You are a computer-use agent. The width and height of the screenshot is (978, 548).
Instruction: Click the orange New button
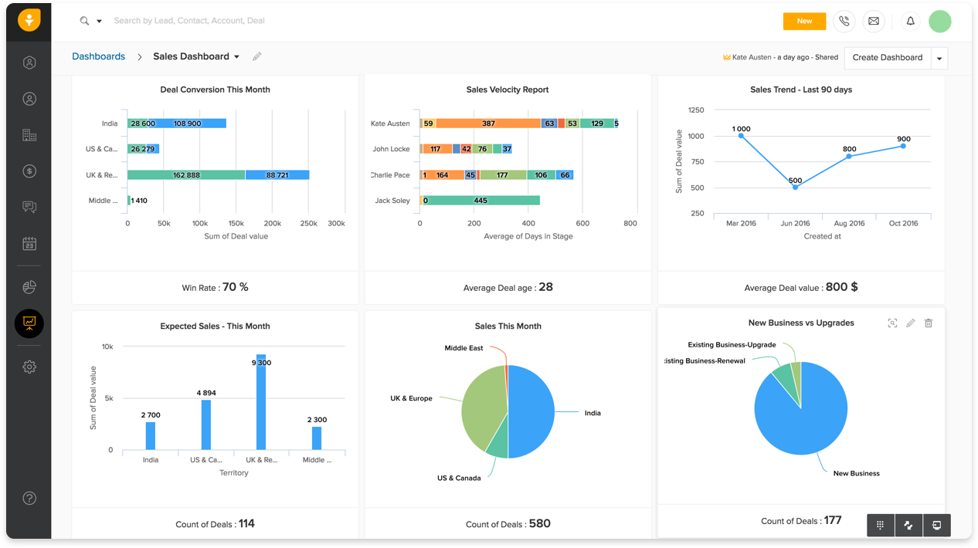click(804, 22)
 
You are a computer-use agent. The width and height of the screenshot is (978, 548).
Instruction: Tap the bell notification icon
click(910, 22)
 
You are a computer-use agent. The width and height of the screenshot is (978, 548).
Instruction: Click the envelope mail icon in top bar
click(873, 22)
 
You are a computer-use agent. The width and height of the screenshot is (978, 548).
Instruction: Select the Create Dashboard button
click(887, 58)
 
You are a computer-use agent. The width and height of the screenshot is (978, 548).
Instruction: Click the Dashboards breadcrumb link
click(98, 56)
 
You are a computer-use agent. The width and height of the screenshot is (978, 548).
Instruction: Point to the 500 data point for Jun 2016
click(795, 187)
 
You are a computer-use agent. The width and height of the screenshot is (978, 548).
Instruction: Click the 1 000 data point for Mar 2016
click(741, 136)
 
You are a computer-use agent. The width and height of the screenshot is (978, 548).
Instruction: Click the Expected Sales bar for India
click(151, 435)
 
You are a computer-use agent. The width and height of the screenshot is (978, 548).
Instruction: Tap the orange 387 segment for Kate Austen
click(488, 123)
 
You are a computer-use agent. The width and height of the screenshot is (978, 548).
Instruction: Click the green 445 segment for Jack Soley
click(481, 201)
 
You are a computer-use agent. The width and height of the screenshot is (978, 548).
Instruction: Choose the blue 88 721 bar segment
click(277, 175)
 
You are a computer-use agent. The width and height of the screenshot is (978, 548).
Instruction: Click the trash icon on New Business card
click(929, 323)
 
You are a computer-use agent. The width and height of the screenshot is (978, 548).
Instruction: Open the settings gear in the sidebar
click(29, 367)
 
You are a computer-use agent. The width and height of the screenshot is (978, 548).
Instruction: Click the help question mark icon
click(29, 499)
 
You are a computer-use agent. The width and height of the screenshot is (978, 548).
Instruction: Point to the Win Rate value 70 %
click(235, 287)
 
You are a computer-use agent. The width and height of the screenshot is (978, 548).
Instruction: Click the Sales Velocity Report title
click(508, 90)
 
